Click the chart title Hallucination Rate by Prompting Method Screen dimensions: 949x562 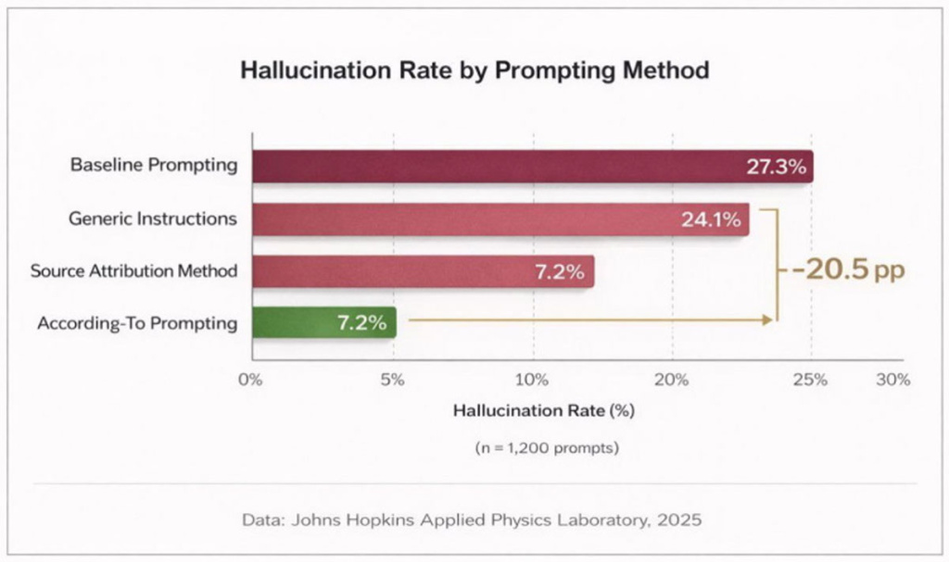pyautogui.click(x=474, y=70)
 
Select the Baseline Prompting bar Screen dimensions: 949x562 pyautogui.click(x=533, y=167)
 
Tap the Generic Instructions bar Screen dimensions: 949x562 pyautogui.click(x=500, y=219)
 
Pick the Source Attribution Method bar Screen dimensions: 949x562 pyautogui.click(x=423, y=271)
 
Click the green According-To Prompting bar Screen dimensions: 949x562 pyautogui.click(x=324, y=322)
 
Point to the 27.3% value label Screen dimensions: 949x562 pyautogui.click(x=776, y=167)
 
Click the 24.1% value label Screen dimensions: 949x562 pyautogui.click(x=711, y=219)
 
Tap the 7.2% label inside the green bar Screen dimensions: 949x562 pyautogui.click(x=362, y=323)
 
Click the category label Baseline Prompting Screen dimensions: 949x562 pyautogui.click(x=154, y=165)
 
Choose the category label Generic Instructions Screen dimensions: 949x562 pyautogui.click(x=153, y=219)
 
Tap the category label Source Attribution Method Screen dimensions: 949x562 pyautogui.click(x=133, y=270)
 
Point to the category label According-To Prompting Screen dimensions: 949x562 pyautogui.click(x=137, y=324)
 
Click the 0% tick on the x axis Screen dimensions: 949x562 pyautogui.click(x=250, y=380)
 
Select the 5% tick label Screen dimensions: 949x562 pyautogui.click(x=392, y=380)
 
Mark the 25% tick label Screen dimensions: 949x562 pyautogui.click(x=810, y=380)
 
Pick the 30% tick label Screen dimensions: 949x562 pyautogui.click(x=893, y=380)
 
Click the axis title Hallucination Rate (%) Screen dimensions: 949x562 pyautogui.click(x=543, y=411)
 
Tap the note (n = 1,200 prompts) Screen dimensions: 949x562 pyautogui.click(x=547, y=448)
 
